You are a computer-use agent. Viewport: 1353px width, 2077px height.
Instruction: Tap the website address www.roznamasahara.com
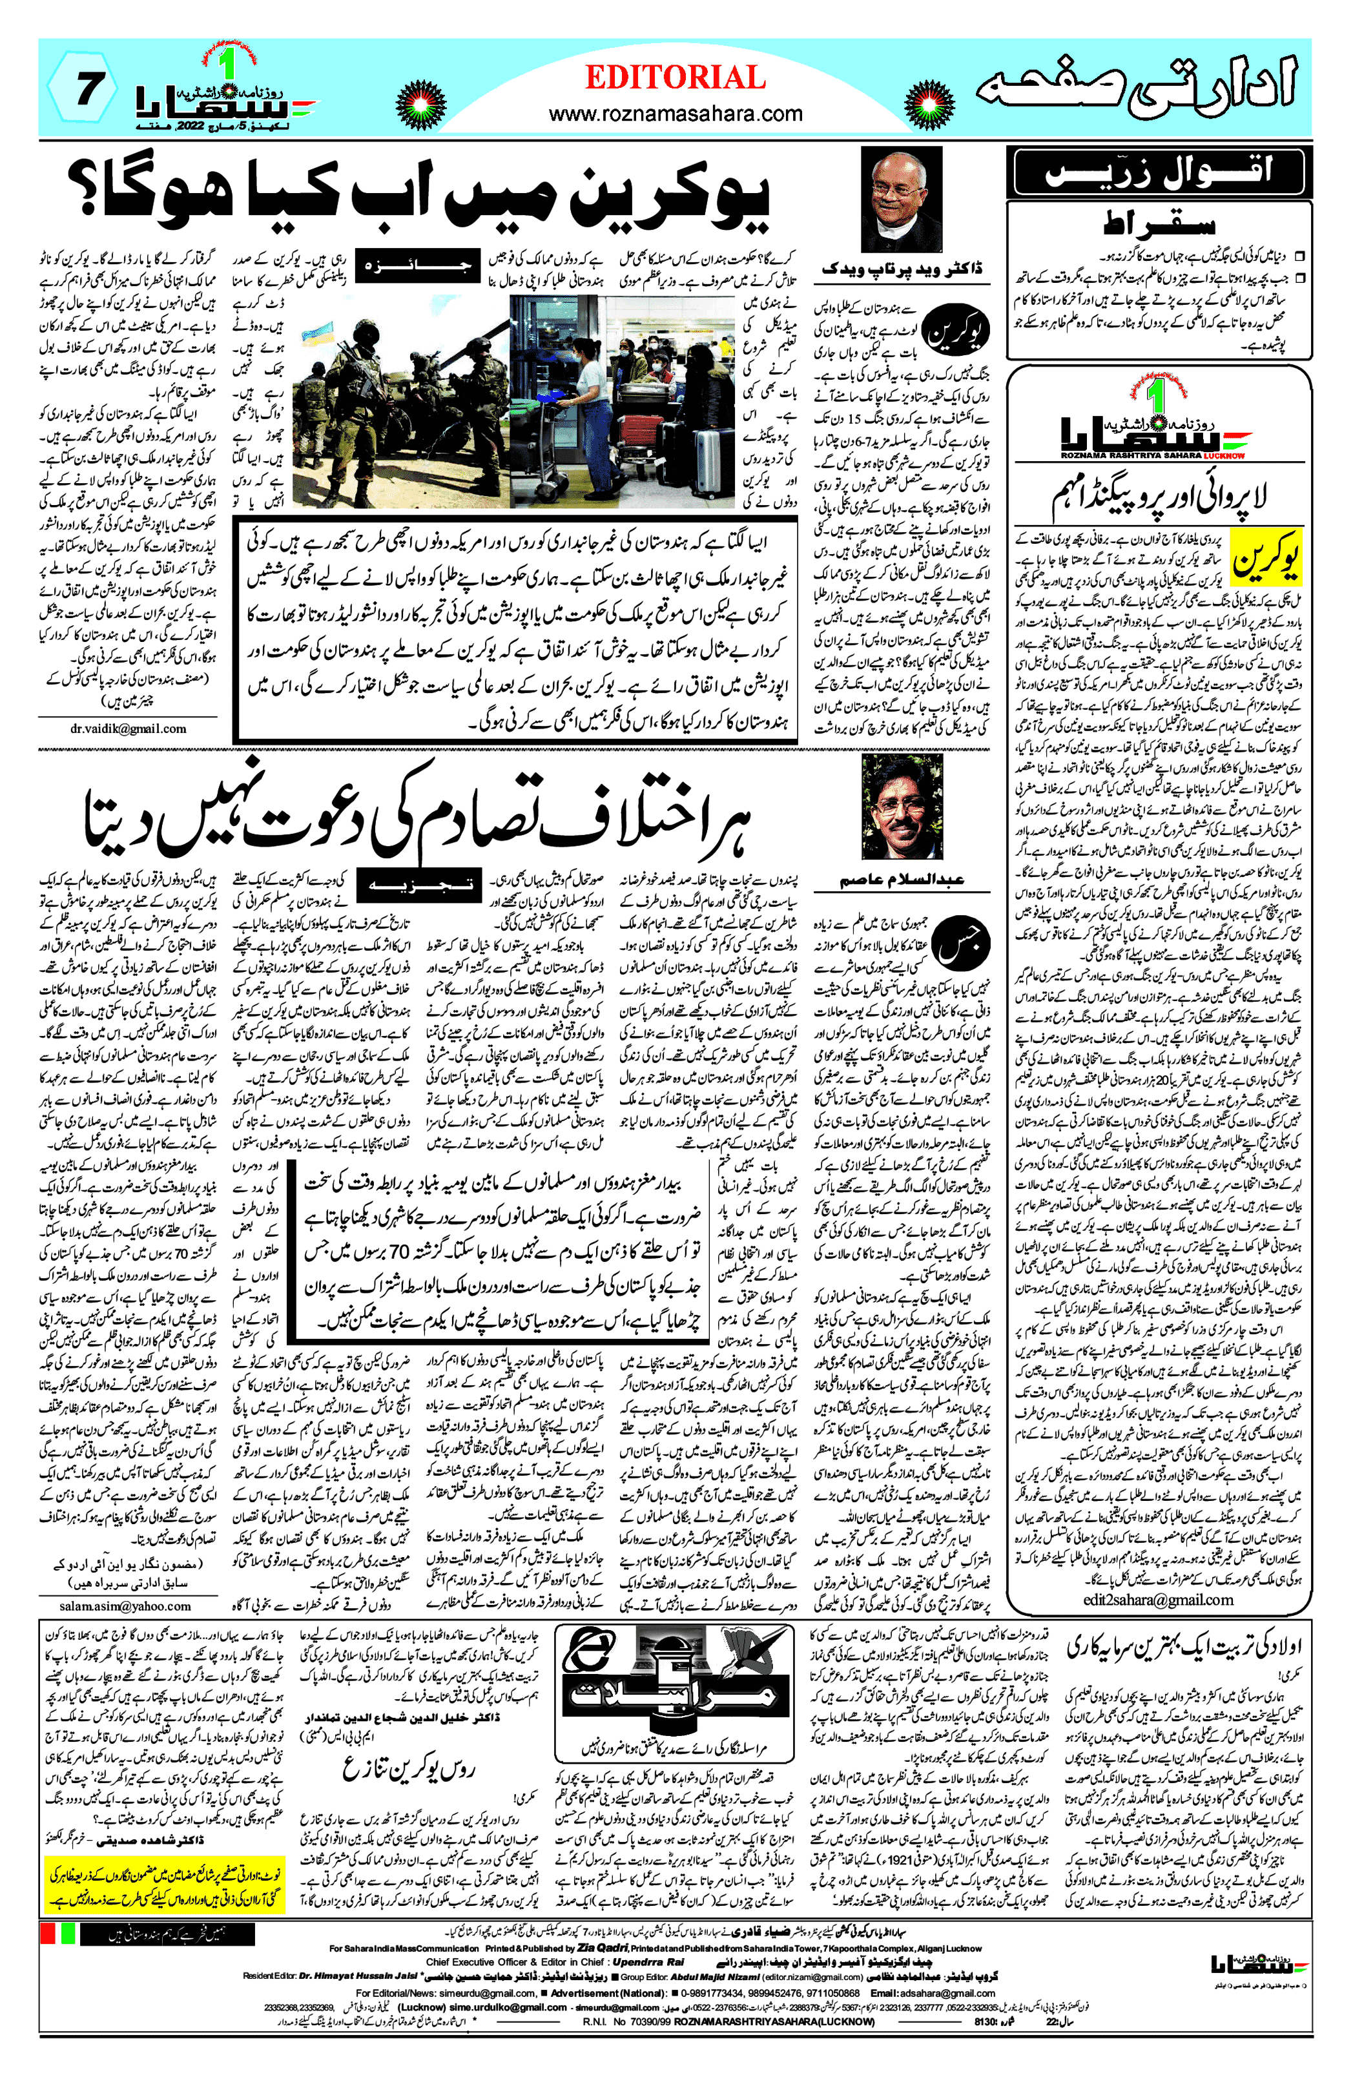tap(675, 114)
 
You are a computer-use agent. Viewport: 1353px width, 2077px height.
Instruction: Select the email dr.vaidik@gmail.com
tap(129, 728)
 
